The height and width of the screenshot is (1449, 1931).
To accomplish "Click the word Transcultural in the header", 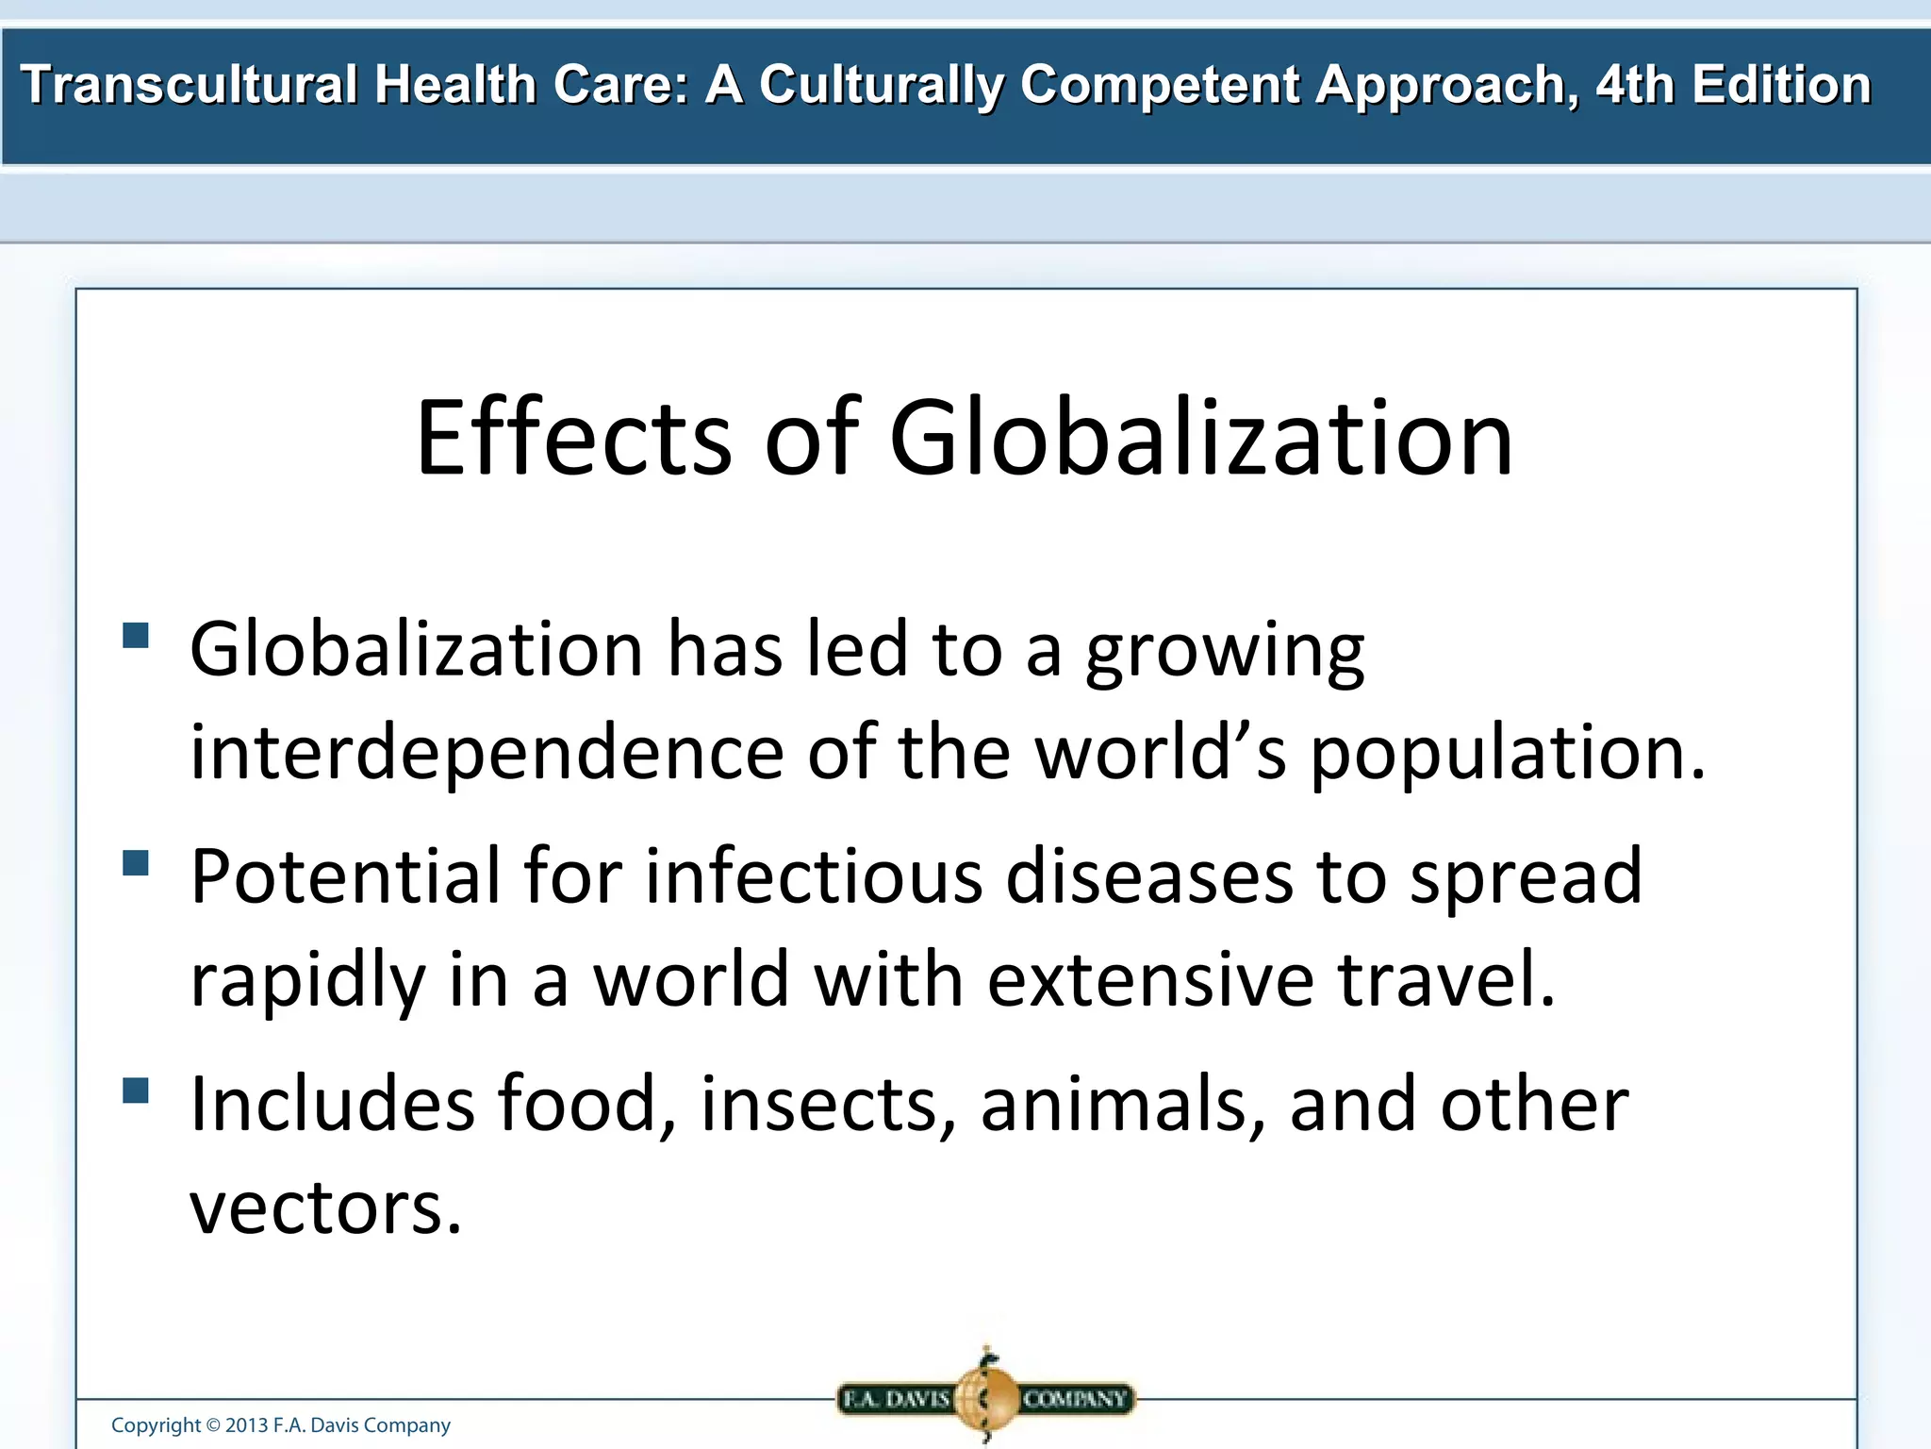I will [189, 85].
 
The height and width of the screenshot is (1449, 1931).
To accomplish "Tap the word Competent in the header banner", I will [1159, 85].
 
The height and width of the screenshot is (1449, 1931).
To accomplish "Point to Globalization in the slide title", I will [1201, 438].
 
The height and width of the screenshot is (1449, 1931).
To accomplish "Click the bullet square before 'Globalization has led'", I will [136, 635].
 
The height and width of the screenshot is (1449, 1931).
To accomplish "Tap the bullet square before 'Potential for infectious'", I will [136, 863].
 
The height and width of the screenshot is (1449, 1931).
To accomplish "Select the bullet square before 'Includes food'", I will [136, 1091].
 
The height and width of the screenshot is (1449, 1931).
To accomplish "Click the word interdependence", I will [487, 752].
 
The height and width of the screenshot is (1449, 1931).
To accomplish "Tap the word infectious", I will [814, 876].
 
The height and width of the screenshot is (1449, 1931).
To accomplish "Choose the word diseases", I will [1149, 876].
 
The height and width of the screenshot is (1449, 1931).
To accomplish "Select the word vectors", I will [325, 1207].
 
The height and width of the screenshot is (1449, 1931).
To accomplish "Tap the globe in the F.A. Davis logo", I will [985, 1397].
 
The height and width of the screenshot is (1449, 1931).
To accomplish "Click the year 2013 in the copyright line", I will [246, 1425].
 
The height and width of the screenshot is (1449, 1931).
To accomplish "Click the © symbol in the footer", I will [213, 1425].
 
